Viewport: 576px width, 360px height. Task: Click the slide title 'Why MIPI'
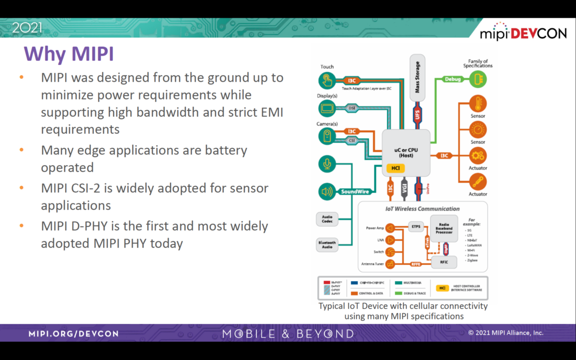69,53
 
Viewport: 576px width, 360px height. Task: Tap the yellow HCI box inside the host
396,168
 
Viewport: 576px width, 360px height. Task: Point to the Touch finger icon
327,80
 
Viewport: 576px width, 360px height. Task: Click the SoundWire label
355,192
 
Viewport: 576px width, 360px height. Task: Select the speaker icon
327,192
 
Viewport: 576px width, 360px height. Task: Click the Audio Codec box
327,219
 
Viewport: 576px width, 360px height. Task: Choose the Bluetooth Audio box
327,244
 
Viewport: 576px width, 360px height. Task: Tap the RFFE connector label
416,264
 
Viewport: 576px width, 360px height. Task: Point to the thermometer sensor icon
478,104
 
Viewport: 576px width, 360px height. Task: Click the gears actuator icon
478,156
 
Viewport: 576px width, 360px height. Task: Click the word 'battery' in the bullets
223,150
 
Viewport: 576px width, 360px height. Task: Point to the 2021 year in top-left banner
27,28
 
